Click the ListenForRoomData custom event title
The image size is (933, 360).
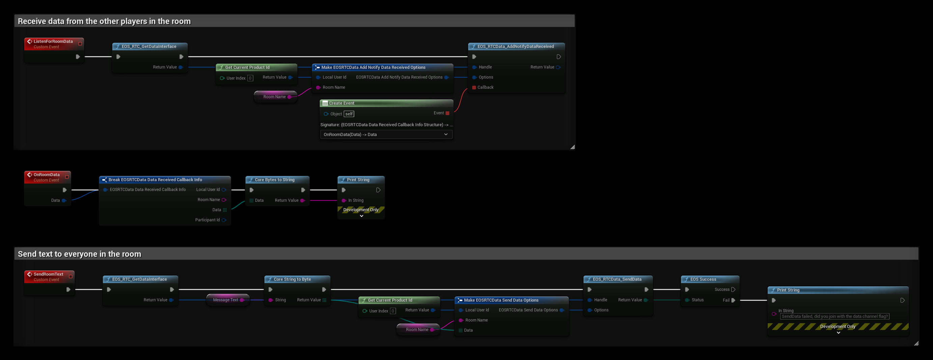point(53,41)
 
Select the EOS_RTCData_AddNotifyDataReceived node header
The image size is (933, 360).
point(516,46)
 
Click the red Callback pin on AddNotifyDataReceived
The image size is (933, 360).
point(474,87)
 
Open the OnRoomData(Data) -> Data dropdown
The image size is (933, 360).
point(386,134)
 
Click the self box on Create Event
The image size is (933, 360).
point(349,114)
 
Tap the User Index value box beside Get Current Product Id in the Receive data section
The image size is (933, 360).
point(250,78)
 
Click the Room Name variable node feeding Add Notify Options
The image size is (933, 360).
point(275,97)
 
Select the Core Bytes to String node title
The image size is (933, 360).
point(275,179)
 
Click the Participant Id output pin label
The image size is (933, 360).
point(207,220)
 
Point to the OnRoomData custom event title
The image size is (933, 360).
point(47,174)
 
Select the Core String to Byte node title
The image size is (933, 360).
point(292,279)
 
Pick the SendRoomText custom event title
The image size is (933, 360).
point(49,274)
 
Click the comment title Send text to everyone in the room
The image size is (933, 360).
point(80,254)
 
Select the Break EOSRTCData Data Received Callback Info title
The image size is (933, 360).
point(155,179)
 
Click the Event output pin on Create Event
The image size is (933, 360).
point(447,113)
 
